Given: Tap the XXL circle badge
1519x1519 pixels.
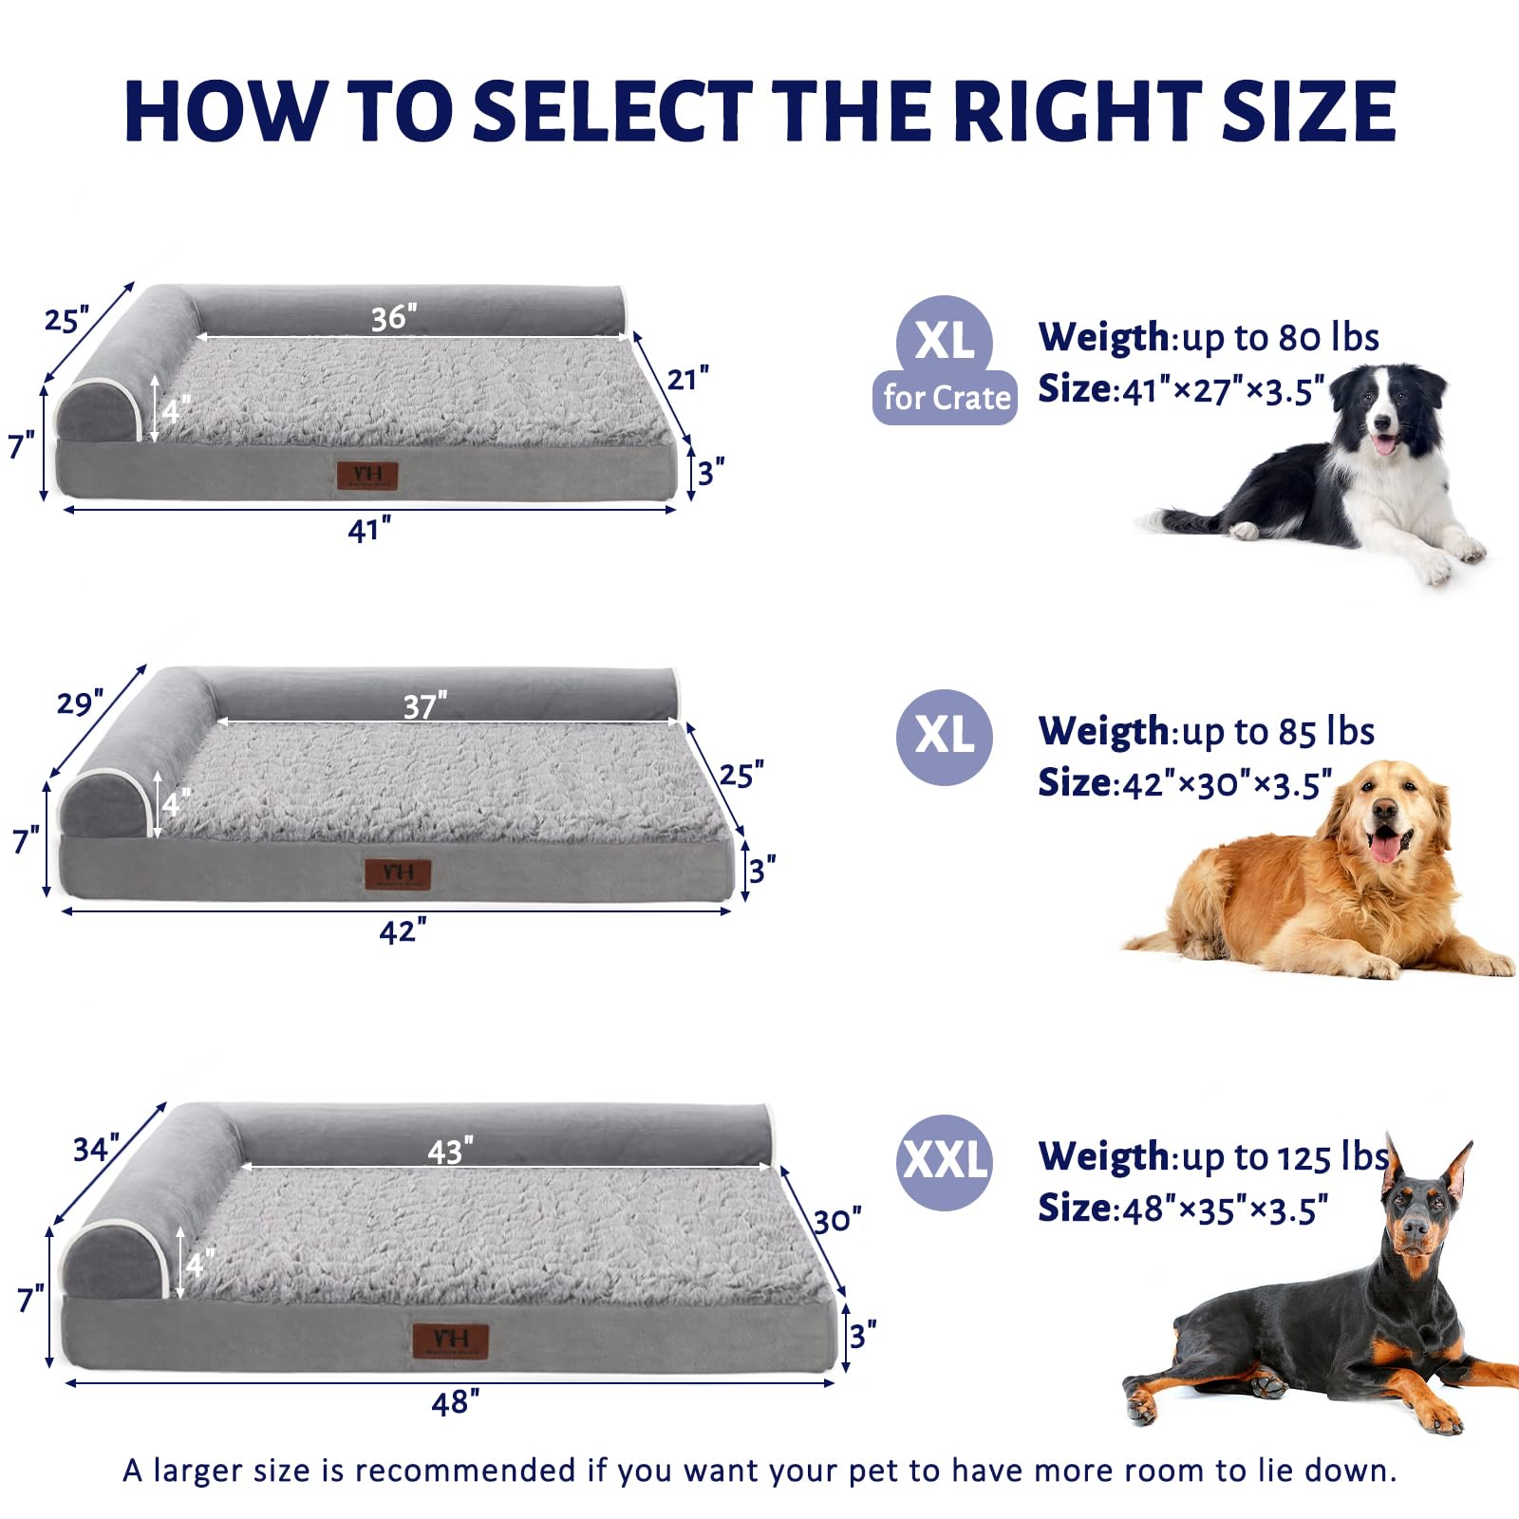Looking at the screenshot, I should click(x=944, y=1161).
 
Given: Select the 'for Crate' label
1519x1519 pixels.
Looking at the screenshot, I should click(x=946, y=398).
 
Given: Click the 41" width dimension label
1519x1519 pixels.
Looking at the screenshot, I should click(x=368, y=530).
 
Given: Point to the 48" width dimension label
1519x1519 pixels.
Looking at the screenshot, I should click(x=455, y=1402).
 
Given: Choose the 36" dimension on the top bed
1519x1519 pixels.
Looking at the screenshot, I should click(x=394, y=317).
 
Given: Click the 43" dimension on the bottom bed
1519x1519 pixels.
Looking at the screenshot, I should click(x=450, y=1152).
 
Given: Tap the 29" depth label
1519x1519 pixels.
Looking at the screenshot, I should click(x=80, y=703).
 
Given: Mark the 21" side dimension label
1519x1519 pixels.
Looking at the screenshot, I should click(x=687, y=379).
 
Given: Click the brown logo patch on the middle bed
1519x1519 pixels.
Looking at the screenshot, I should click(x=398, y=874).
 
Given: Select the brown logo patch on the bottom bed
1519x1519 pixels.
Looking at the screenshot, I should click(x=450, y=1341).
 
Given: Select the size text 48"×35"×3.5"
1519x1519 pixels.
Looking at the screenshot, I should click(x=1225, y=1210).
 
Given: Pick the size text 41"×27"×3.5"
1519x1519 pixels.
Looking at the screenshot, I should click(x=1223, y=390).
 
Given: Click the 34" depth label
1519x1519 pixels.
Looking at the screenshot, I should click(x=96, y=1149).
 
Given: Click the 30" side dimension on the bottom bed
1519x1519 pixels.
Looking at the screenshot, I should click(x=837, y=1220).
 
